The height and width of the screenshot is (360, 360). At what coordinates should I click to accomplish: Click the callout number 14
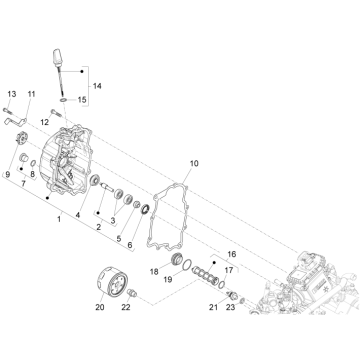97,86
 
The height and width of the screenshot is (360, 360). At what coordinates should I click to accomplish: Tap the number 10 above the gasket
194,163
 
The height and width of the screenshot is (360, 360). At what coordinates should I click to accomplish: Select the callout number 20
100,307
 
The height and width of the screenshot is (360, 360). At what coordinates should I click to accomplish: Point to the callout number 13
12,94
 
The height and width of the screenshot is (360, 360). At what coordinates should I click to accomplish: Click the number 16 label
232,254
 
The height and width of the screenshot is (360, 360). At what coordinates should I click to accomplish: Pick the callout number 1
59,219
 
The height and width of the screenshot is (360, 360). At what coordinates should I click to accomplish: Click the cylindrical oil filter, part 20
112,283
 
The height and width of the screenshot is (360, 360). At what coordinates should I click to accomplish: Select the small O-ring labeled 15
64,100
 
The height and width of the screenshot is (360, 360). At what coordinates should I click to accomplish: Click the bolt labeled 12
56,113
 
